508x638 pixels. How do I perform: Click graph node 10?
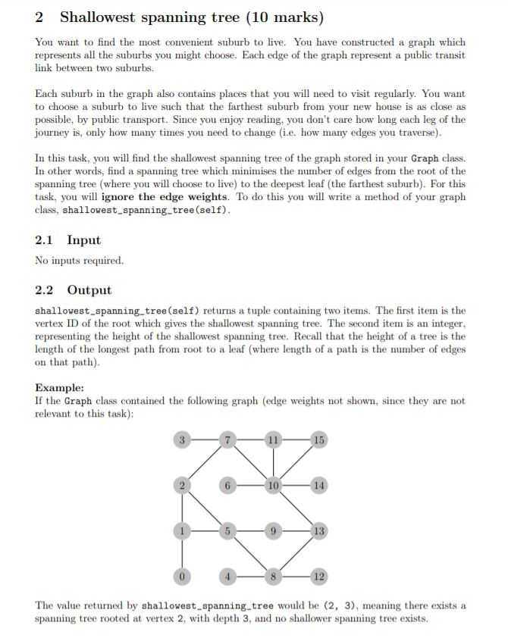click(272, 484)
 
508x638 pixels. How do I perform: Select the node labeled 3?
click(182, 439)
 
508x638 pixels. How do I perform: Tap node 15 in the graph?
click(318, 439)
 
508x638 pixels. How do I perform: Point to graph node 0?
click(182, 577)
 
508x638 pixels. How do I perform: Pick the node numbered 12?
click(318, 577)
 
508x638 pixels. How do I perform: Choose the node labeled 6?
click(227, 484)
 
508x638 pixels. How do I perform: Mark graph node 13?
click(318, 531)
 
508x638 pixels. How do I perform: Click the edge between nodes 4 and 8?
click(249, 577)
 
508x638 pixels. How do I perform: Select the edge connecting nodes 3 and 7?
click(204, 439)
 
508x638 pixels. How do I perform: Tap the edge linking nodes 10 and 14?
click(296, 484)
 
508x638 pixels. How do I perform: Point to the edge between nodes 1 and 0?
click(182, 554)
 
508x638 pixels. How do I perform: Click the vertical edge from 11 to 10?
click(272, 461)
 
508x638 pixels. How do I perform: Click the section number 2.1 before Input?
click(44, 240)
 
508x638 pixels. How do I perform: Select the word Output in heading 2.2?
click(89, 290)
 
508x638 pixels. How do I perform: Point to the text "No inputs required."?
click(79, 261)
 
